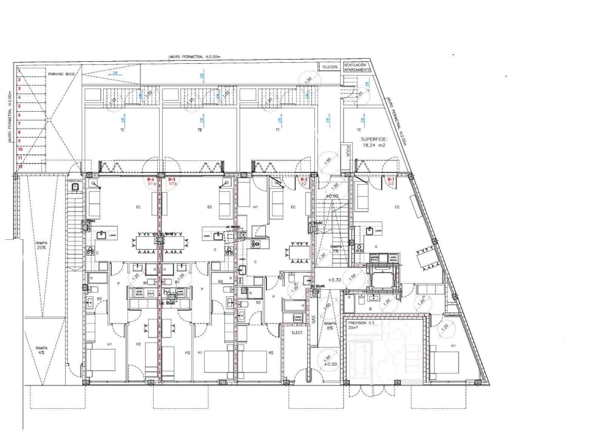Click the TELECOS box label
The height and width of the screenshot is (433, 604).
pyautogui.click(x=329, y=67)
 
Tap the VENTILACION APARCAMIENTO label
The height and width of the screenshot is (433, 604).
pyautogui.click(x=357, y=67)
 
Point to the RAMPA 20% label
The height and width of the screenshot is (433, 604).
pyautogui.click(x=41, y=246)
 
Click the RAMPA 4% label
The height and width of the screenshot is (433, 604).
pyautogui.click(x=41, y=350)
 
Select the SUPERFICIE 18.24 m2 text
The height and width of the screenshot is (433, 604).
pyautogui.click(x=374, y=142)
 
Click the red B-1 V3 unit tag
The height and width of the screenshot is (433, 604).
pyautogui.click(x=391, y=181)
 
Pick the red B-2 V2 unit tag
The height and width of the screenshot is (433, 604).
pyautogui.click(x=304, y=181)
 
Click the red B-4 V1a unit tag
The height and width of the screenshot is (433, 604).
pyautogui.click(x=151, y=181)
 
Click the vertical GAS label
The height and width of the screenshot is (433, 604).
pyautogui.click(x=313, y=320)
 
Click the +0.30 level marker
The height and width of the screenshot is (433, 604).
pyautogui.click(x=334, y=280)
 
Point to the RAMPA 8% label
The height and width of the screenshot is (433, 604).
pyautogui.click(x=330, y=326)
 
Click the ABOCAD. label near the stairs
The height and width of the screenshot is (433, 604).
pyautogui.click(x=75, y=181)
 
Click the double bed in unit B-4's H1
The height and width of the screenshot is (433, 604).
pyautogui.click(x=101, y=360)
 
